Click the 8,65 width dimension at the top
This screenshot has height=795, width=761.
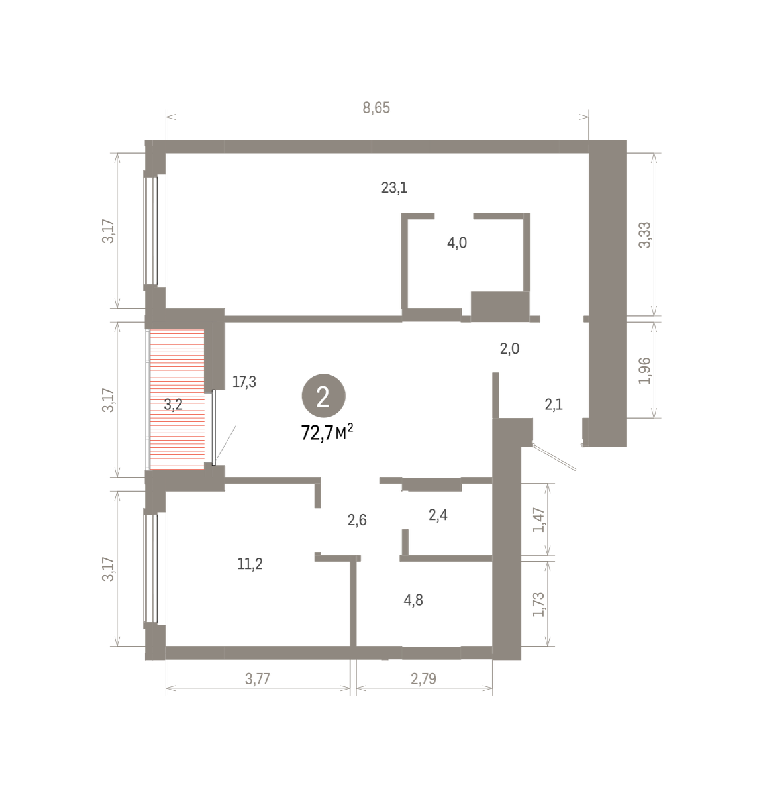[376, 107]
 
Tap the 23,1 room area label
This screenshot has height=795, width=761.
[394, 187]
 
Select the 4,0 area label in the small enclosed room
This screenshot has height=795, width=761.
[457, 243]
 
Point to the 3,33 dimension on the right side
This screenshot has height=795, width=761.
[644, 235]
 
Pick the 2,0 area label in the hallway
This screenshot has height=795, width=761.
[509, 348]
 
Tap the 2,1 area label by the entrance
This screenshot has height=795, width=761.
[554, 404]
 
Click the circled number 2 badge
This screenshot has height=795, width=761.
[323, 396]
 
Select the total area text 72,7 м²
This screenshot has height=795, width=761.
[327, 432]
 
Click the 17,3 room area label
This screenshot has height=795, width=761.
[244, 382]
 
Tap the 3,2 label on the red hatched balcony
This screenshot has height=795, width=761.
[174, 404]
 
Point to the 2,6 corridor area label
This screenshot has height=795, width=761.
[357, 520]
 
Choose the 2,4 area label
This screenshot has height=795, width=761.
[438, 515]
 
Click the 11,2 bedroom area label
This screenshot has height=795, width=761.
[250, 564]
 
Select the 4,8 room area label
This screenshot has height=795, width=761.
[413, 600]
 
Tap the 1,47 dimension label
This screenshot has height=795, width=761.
[538, 520]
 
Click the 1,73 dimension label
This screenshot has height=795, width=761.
[538, 604]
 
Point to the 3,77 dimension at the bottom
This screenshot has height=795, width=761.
[258, 679]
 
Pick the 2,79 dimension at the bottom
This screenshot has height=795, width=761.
[424, 679]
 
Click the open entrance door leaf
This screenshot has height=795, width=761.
[554, 457]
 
